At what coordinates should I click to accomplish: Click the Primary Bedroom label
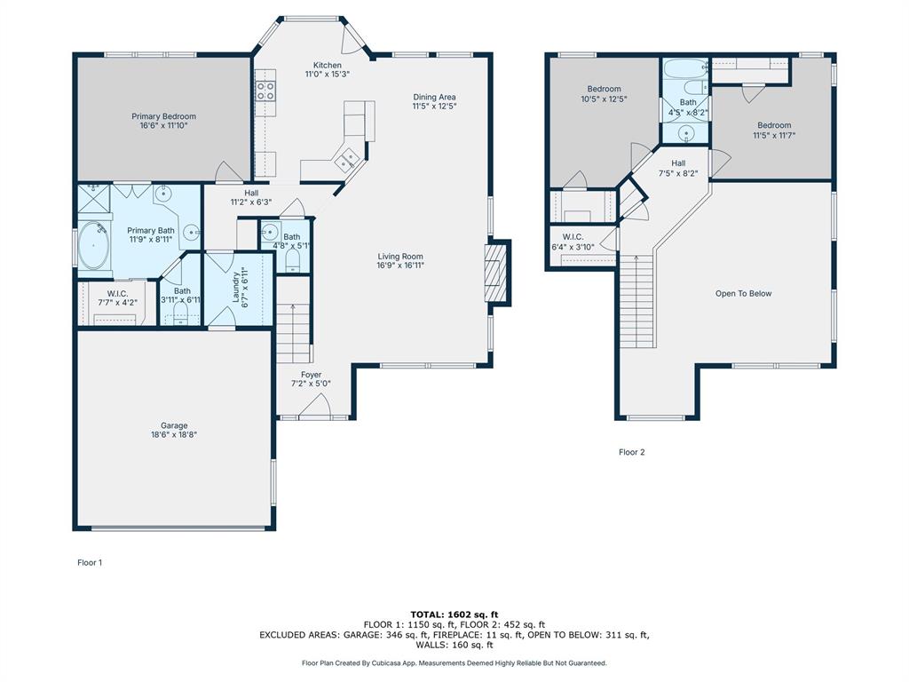[163, 121]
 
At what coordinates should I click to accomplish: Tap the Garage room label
[174, 430]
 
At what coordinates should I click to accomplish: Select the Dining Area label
[434, 101]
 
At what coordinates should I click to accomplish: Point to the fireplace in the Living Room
[497, 272]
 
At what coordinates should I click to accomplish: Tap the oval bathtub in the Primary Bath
[94, 247]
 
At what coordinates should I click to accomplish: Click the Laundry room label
[240, 287]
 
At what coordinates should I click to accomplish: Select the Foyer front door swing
[316, 405]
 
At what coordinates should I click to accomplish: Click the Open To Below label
[743, 293]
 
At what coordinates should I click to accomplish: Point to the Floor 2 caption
[631, 452]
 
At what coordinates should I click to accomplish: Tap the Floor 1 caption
[90, 562]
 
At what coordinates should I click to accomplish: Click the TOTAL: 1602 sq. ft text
[454, 615]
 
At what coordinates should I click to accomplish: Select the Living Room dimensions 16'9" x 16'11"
[400, 266]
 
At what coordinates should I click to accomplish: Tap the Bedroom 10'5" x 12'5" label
[604, 94]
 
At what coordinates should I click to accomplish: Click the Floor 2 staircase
[637, 302]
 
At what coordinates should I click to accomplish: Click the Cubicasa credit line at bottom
[454, 662]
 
